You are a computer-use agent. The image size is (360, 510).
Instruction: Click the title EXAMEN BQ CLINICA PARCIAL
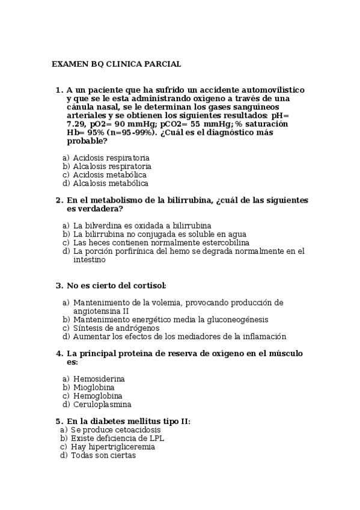pos(116,64)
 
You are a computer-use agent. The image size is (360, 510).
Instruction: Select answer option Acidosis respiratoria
pos(111,158)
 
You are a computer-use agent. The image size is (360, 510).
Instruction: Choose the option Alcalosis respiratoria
pos(112,166)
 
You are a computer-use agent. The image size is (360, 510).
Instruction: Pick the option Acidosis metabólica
pos(109,174)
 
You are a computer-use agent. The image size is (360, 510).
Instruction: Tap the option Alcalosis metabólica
pos(111,183)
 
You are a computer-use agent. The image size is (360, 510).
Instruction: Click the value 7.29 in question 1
pos(76,123)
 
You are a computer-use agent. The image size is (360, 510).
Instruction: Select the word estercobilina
pos(223,242)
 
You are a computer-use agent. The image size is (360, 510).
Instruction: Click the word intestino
pos(90,260)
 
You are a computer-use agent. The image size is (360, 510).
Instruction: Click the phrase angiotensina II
pos(101,311)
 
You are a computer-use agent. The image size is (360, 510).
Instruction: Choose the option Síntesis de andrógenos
pos(116,328)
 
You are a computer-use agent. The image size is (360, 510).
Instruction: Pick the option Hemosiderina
pos(99,379)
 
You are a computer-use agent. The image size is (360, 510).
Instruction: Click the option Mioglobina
pos(94,387)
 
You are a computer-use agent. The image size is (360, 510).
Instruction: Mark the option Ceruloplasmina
pos(102,404)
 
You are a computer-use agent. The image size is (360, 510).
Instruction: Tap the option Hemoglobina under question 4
pos(97,396)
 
